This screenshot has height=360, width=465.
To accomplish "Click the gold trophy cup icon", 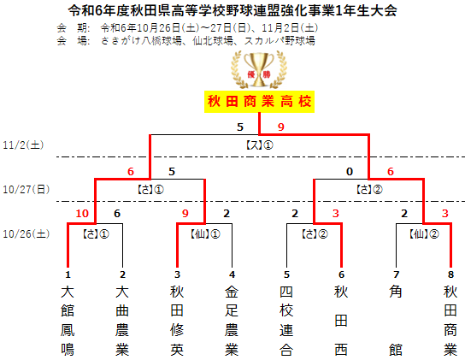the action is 259,69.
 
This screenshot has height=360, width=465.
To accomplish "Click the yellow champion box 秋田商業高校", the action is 259,102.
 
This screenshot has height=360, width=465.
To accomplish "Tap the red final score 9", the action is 281,127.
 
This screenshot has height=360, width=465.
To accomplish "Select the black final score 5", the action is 240,127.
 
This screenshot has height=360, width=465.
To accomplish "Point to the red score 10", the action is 82,214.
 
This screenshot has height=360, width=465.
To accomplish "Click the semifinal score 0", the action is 350,172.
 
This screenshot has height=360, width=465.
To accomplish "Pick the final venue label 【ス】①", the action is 260,145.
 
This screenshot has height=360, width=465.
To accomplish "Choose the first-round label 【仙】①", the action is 205,234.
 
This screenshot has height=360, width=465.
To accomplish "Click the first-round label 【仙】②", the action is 424,234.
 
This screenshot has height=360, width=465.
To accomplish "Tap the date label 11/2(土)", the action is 23,145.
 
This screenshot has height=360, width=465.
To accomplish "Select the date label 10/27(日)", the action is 26,189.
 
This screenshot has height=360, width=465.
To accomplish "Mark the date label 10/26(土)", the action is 26,233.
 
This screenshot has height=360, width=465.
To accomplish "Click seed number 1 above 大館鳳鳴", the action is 68,274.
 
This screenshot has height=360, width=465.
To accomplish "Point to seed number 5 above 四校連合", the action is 286,274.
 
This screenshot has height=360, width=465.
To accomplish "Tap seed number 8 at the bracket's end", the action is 450,274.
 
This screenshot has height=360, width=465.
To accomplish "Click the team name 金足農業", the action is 232,321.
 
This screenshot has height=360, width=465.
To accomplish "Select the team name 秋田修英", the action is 177,321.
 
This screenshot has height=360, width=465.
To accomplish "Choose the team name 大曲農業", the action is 122,321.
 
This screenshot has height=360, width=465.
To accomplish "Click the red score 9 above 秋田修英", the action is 185,214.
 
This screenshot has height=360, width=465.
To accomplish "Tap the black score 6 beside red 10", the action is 117,214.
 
